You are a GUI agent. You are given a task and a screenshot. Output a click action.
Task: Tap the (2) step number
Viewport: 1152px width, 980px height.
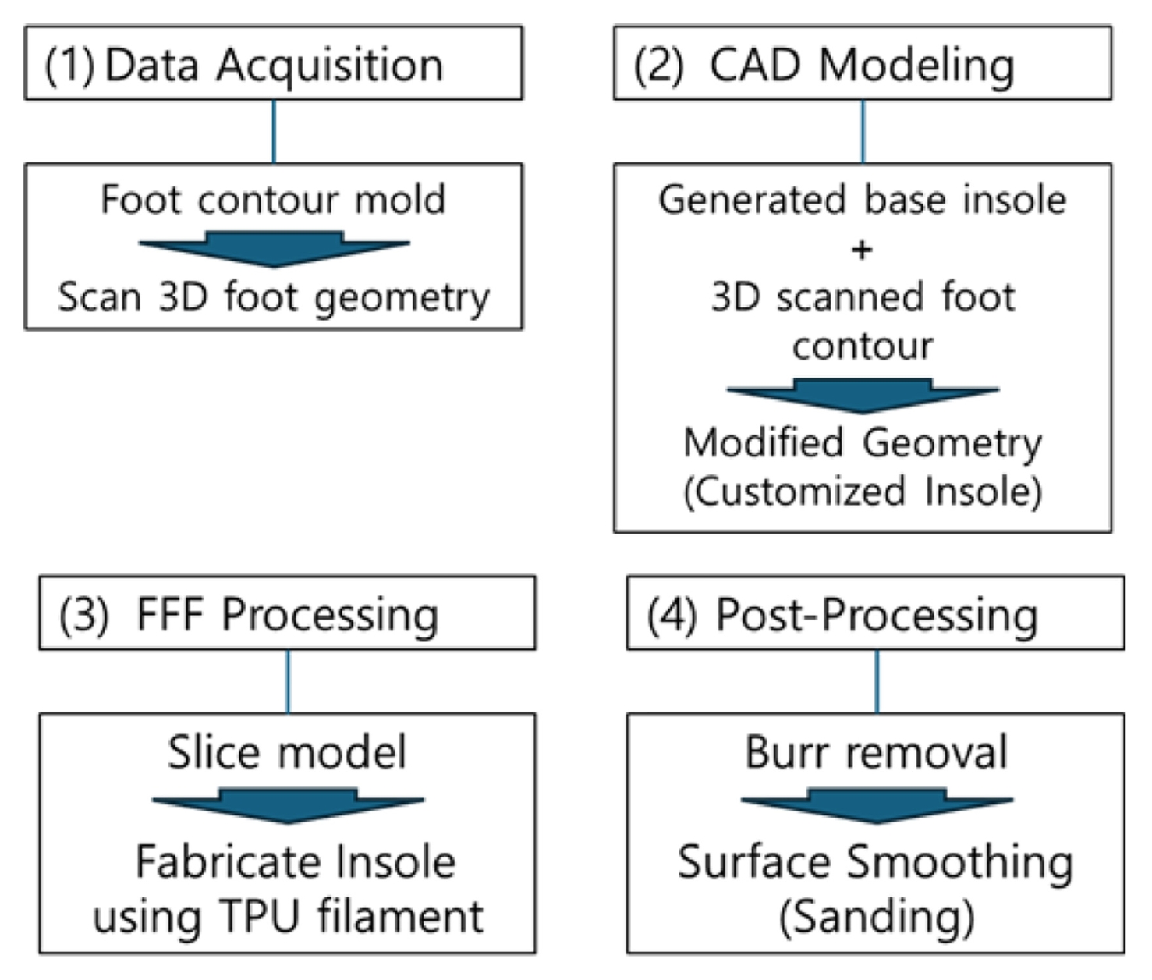click(x=658, y=66)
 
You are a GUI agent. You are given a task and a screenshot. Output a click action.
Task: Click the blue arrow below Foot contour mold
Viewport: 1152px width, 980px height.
click(x=275, y=249)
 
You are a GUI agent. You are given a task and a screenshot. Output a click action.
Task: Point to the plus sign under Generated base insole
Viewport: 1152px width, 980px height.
click(x=862, y=250)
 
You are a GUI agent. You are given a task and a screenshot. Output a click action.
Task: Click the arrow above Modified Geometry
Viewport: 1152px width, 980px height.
click(x=863, y=396)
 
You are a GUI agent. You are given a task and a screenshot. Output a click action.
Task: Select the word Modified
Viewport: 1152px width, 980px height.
click(x=763, y=442)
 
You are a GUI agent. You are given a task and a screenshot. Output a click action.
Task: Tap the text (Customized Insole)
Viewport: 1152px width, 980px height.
click(x=863, y=492)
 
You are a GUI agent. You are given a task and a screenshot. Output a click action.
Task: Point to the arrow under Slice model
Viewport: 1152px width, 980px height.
click(x=288, y=805)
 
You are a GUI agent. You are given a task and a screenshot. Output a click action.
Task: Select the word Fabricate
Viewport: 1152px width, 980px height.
click(x=228, y=862)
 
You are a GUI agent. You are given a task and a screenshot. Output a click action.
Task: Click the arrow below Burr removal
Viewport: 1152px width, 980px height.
click(x=877, y=805)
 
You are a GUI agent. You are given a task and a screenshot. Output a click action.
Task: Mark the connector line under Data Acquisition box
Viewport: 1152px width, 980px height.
click(x=274, y=132)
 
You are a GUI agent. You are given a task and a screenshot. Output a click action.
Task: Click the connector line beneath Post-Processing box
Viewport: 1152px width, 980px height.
click(x=877, y=682)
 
